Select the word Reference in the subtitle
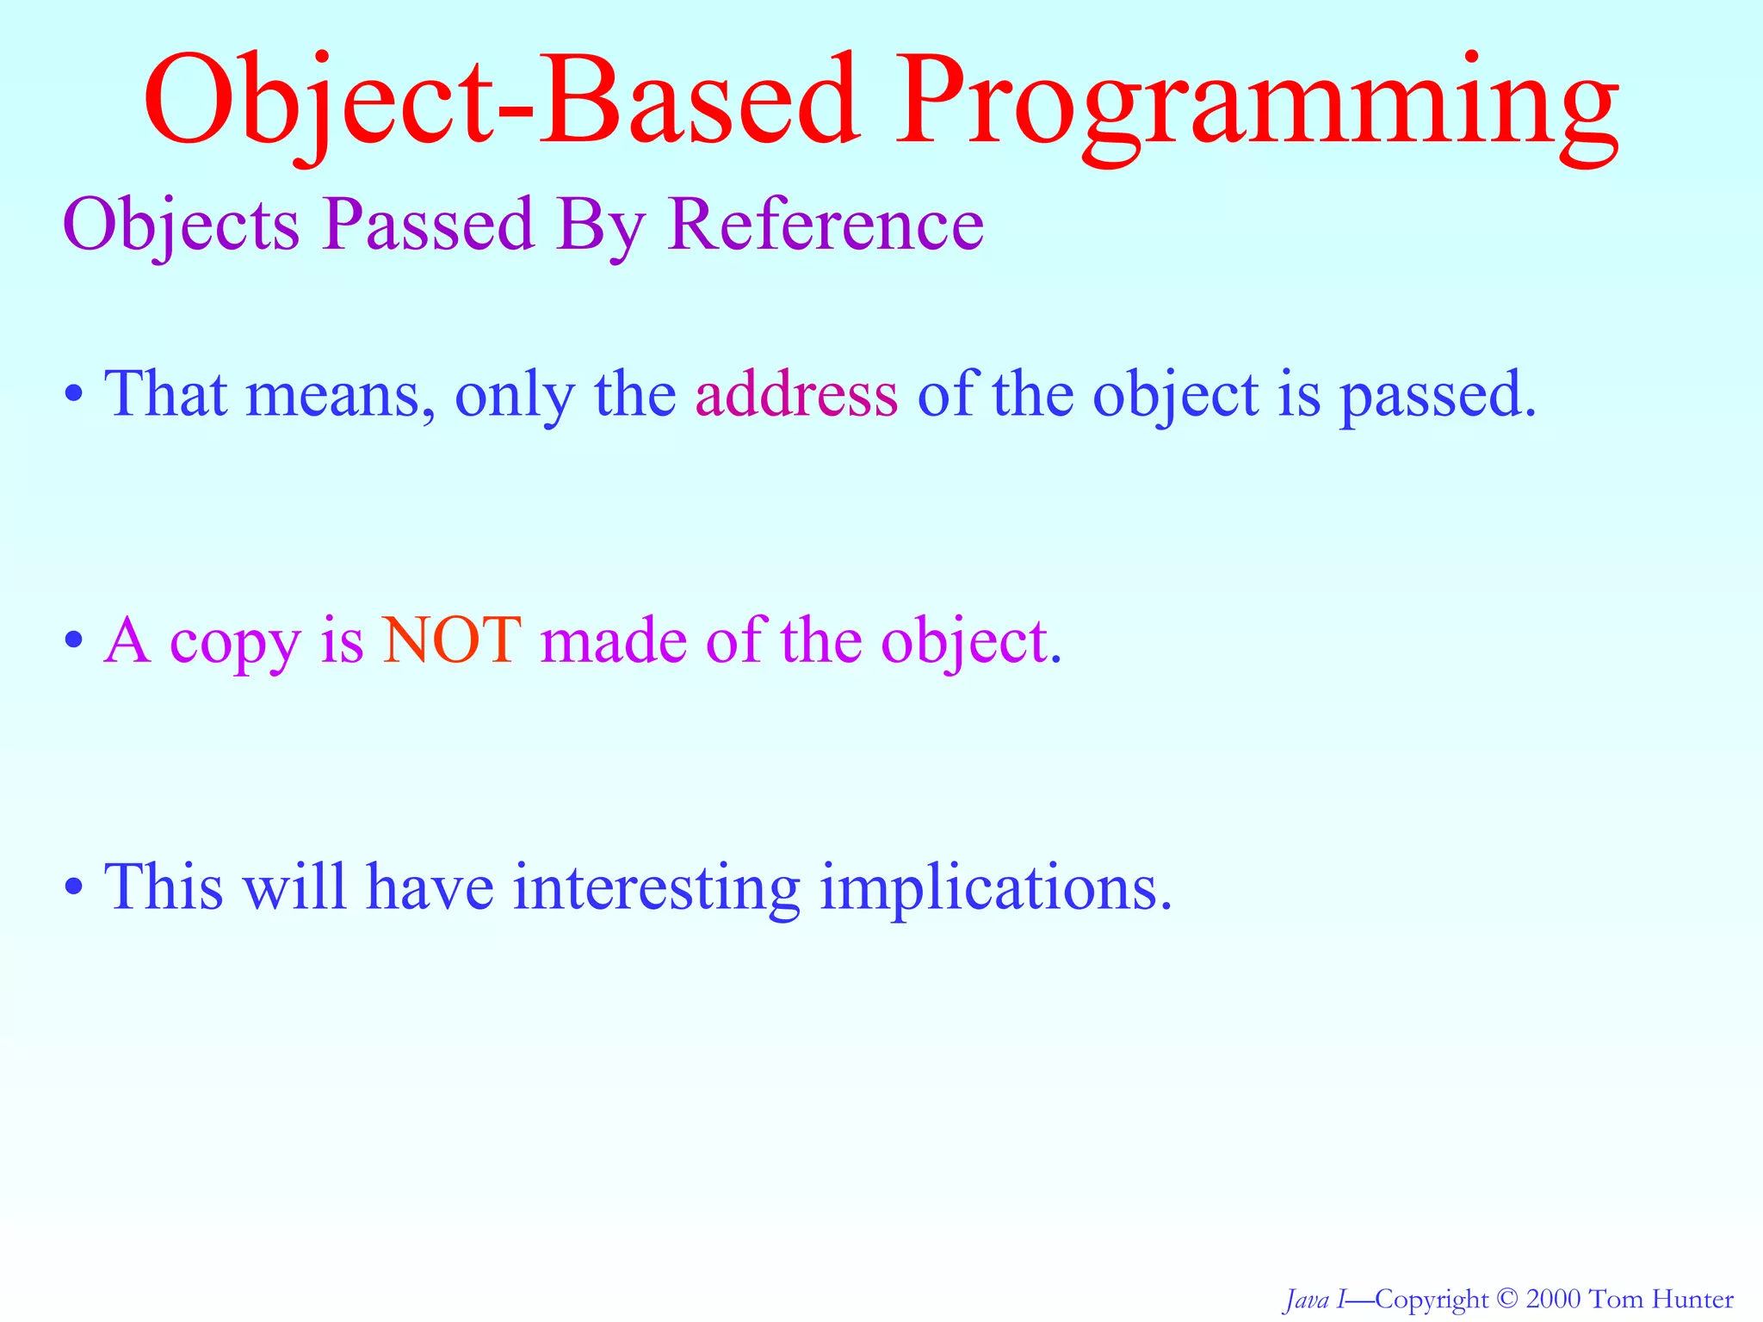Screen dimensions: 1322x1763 [x=826, y=225]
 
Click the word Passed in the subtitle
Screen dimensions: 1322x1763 [x=429, y=225]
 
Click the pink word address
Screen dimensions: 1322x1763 [x=796, y=395]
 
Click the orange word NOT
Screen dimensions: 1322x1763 [x=452, y=640]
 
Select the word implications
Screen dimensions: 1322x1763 [x=995, y=888]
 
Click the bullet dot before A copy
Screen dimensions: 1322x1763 [x=75, y=641]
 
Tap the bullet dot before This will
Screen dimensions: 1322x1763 [x=75, y=887]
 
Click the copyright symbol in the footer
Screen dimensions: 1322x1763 [x=1506, y=1299]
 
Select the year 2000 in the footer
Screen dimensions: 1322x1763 [x=1553, y=1299]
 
